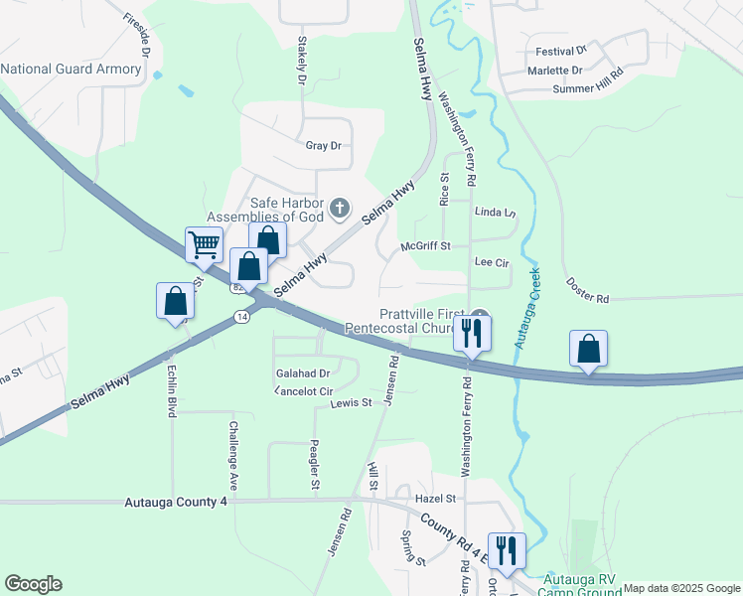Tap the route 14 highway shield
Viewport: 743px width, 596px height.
241,316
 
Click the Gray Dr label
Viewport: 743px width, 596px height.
323,145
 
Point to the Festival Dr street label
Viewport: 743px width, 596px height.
561,49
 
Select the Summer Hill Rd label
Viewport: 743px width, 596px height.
587,88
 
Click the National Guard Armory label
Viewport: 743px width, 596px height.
72,69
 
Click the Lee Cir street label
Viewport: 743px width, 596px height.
492,263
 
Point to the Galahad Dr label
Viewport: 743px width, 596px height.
296,373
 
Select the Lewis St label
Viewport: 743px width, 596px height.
351,402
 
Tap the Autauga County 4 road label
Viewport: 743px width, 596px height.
177,503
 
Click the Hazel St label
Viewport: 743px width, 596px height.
435,498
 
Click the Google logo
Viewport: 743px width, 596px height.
33,584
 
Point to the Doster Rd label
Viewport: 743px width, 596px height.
588,298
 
